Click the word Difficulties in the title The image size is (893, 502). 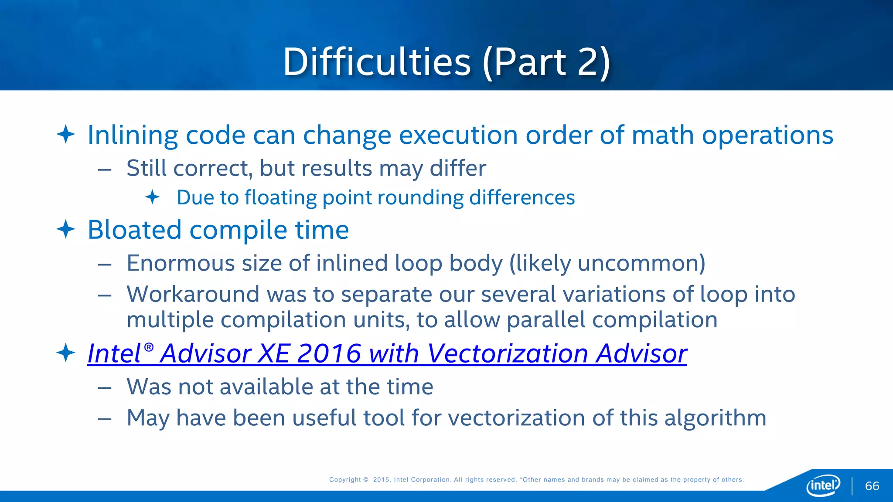(x=377, y=62)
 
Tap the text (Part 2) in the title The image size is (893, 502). (x=547, y=62)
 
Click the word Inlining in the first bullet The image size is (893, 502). (x=133, y=135)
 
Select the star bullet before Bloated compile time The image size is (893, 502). (x=66, y=229)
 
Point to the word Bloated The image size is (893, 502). (x=134, y=230)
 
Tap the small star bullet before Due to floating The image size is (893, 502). (x=152, y=197)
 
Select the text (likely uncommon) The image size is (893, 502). (x=607, y=263)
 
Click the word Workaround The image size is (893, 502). (x=193, y=294)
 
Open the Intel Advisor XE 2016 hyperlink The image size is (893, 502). (x=387, y=353)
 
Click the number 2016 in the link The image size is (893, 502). (x=329, y=353)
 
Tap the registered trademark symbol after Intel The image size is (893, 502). (x=149, y=347)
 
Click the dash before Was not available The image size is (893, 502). (x=105, y=388)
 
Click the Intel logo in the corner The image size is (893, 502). (x=823, y=485)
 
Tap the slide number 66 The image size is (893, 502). (x=872, y=486)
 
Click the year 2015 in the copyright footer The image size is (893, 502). (x=382, y=480)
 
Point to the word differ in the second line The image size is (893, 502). (x=457, y=168)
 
